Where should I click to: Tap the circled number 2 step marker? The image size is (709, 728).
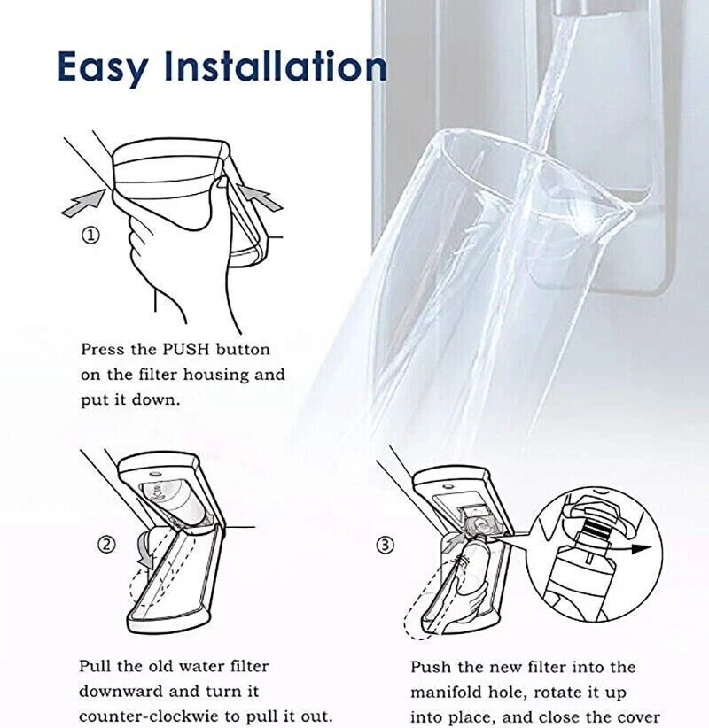coord(106,544)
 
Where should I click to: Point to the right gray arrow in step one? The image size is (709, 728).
coord(260,196)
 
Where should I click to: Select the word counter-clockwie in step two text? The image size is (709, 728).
coord(146,715)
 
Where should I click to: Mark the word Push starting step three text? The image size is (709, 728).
coord(430,667)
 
